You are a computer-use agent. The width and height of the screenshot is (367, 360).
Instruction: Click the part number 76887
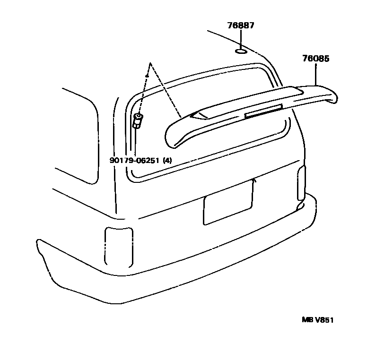pos(240,26)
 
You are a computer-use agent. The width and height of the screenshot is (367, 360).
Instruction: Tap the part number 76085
pos(315,59)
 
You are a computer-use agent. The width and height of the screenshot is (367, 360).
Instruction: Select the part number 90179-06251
pos(134,160)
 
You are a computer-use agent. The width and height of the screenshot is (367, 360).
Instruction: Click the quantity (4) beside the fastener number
pos(167,160)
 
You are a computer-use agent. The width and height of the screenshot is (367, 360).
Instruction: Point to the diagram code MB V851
pos(318,320)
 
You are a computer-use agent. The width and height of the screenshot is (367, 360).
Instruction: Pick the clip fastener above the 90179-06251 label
pos(138,120)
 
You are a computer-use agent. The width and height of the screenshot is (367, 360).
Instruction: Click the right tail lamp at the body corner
pos(301,187)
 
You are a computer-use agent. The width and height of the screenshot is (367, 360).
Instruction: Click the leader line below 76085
pos(315,74)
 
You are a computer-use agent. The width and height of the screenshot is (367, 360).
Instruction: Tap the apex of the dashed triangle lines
pos(149,63)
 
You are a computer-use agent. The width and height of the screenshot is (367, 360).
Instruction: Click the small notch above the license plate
pos(254,180)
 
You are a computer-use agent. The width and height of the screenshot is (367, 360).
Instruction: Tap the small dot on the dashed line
pos(147,76)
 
